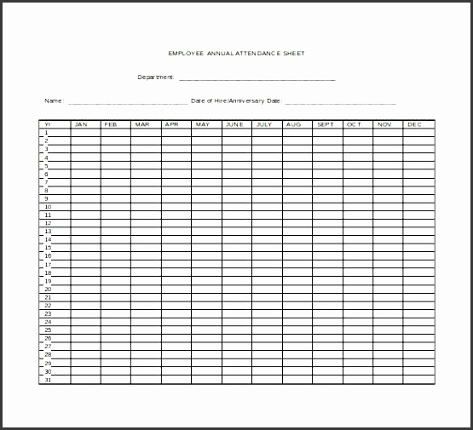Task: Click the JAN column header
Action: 82,125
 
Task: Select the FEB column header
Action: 112,125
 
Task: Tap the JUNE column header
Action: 234,125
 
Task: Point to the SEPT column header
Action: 326,125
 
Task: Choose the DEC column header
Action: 415,125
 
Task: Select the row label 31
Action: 48,380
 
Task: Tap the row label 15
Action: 48,248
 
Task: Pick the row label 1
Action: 46,133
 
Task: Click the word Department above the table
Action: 156,77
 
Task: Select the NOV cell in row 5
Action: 386,166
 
